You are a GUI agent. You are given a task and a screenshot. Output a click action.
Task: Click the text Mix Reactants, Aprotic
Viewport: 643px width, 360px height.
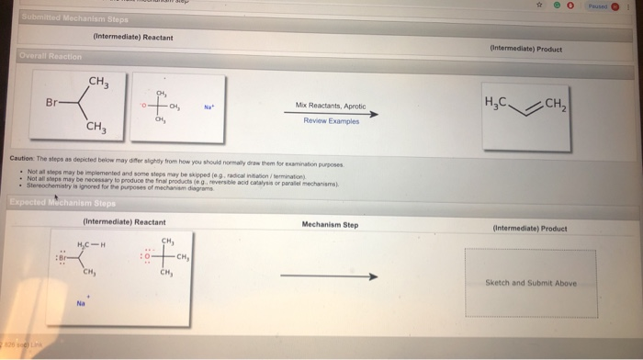coord(331,106)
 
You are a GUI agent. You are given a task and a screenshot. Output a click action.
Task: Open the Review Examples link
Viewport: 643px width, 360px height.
coord(331,120)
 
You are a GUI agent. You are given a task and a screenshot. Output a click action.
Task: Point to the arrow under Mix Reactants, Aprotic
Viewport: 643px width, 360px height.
coord(331,112)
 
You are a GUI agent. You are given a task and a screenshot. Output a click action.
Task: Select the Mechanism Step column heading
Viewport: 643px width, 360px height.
coord(330,223)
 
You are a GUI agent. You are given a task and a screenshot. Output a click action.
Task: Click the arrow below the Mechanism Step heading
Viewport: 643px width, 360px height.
coord(329,276)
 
